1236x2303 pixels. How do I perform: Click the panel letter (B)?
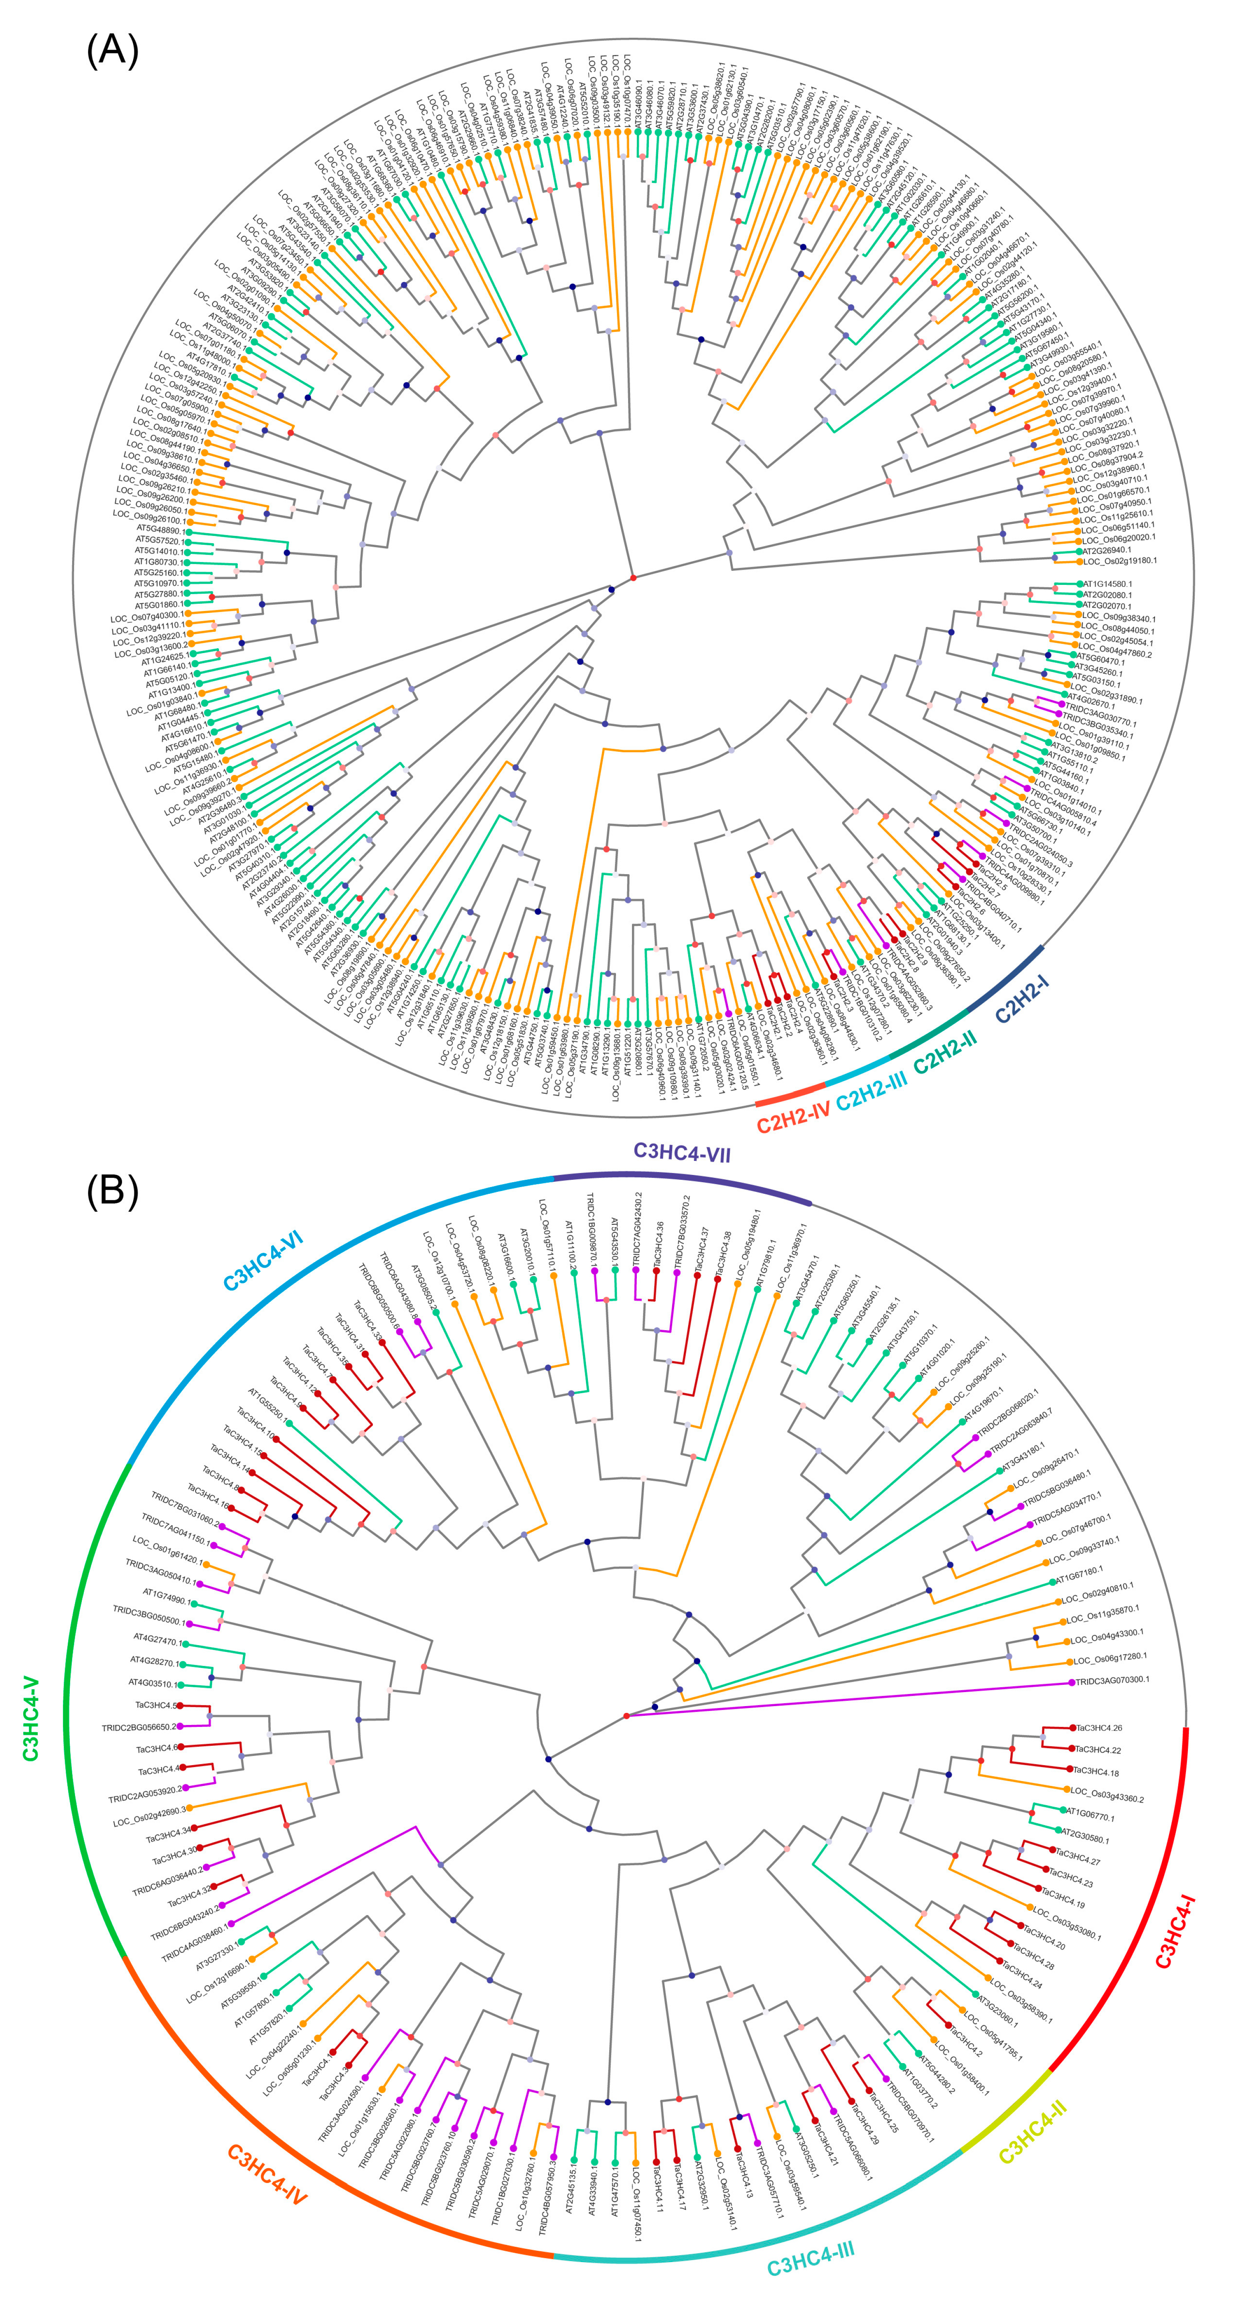coord(112,1192)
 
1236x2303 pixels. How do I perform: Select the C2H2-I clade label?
coord(1021,1000)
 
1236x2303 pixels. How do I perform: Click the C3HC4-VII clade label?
coord(682,1153)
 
